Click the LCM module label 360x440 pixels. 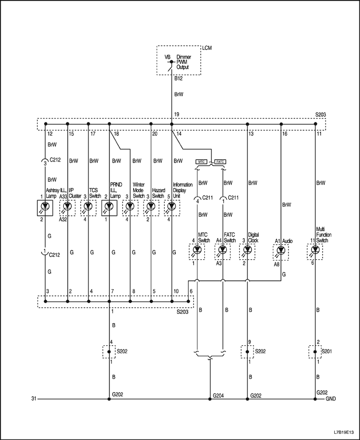(207, 48)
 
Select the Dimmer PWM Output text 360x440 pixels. (183, 62)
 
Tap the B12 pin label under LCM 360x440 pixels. (178, 79)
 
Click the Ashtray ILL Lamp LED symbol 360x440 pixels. (46, 207)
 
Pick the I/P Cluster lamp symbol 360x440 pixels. (67, 207)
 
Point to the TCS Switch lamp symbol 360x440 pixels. (88, 207)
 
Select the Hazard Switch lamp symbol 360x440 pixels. (151, 207)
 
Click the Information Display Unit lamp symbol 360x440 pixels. (172, 207)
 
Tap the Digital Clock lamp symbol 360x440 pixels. (247, 250)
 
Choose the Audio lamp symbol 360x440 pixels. (281, 250)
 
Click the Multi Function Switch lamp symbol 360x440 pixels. (315, 250)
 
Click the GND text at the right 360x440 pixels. (331, 399)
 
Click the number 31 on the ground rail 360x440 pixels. (34, 399)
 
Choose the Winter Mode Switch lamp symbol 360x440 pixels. (130, 207)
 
